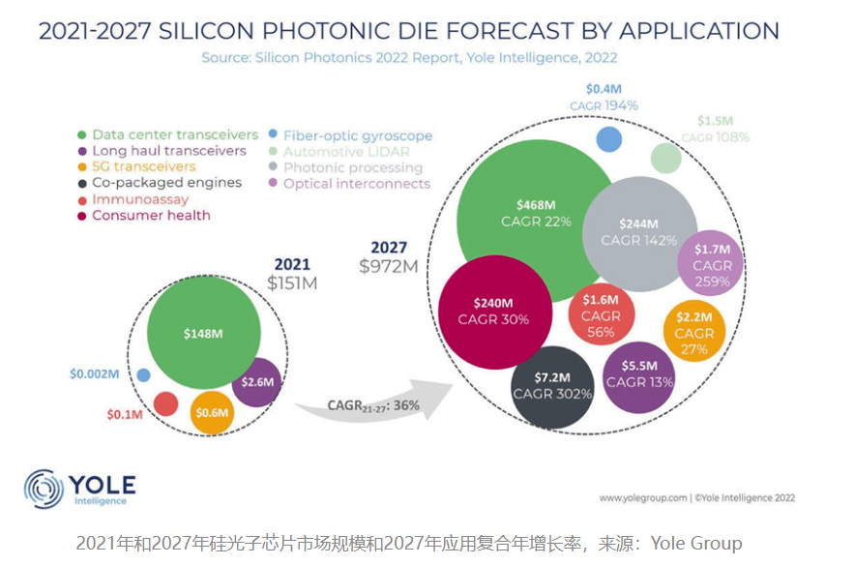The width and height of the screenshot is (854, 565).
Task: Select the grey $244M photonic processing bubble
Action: [x=639, y=230]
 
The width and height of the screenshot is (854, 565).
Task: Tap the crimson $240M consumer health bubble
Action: [x=494, y=311]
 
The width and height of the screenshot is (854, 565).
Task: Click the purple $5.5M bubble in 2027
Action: [x=639, y=374]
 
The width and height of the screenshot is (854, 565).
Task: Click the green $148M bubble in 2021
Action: [x=204, y=333]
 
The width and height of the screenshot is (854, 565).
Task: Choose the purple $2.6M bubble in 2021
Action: [x=256, y=382]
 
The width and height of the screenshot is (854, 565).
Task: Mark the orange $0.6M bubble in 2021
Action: [x=212, y=411]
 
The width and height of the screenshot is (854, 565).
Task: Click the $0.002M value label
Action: [x=95, y=374]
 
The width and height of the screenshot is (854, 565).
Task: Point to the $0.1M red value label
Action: [x=125, y=415]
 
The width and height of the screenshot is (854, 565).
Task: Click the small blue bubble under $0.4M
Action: [x=608, y=138]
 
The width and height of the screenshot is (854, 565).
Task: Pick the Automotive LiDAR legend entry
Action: [x=346, y=151]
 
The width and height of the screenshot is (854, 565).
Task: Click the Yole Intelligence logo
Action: [x=81, y=489]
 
